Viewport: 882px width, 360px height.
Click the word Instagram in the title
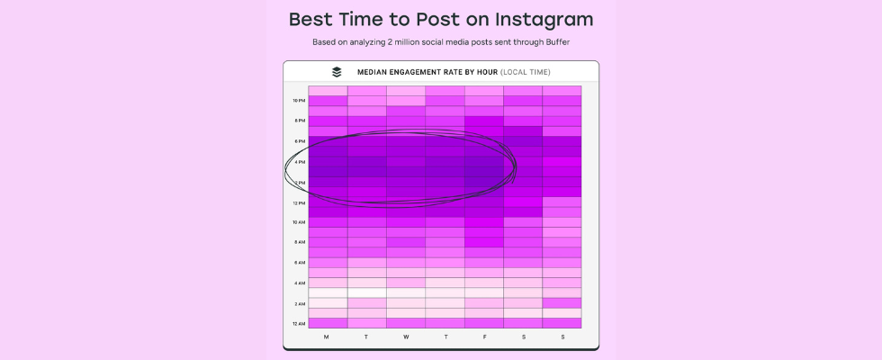544,20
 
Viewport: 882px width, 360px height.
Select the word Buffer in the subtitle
558,42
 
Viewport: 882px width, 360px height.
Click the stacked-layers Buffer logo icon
337,72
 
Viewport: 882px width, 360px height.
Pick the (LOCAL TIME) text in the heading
526,72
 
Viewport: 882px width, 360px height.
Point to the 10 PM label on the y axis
299,101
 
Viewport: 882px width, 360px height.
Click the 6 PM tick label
299,141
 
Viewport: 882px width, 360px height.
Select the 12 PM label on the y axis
299,203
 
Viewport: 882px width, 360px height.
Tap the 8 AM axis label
299,242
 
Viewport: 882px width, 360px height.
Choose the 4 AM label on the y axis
299,283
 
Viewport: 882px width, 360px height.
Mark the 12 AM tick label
299,324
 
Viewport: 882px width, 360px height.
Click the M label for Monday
326,337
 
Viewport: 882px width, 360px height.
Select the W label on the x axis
406,337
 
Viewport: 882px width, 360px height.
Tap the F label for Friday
483,337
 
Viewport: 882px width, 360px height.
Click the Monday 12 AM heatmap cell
328,323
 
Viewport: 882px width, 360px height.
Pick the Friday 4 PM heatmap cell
484,161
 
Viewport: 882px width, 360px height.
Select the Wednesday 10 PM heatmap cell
406,101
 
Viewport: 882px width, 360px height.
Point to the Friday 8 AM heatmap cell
484,242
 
